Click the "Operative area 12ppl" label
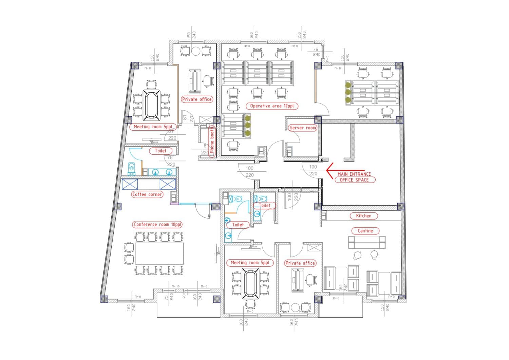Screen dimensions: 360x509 tap(271, 106)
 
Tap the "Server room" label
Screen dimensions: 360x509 tap(302, 128)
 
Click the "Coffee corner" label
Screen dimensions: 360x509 tap(147, 194)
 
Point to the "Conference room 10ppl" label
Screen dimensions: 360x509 tap(157, 225)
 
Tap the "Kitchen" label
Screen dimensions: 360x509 tap(363, 216)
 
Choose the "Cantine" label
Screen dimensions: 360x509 tap(365, 231)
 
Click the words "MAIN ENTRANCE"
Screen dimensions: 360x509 tap(354, 174)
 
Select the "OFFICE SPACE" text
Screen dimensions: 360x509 tap(354, 180)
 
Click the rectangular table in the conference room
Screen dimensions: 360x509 tap(159, 253)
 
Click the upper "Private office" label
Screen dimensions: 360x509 tap(197, 99)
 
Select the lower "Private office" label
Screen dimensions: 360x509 tap(300, 263)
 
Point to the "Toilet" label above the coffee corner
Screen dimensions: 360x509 tap(161, 151)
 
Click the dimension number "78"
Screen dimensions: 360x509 tap(316, 49)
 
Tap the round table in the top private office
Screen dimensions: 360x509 tap(196, 51)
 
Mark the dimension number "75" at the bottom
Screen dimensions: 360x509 tap(166, 297)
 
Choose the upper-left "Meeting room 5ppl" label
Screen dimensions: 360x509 tap(153, 127)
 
